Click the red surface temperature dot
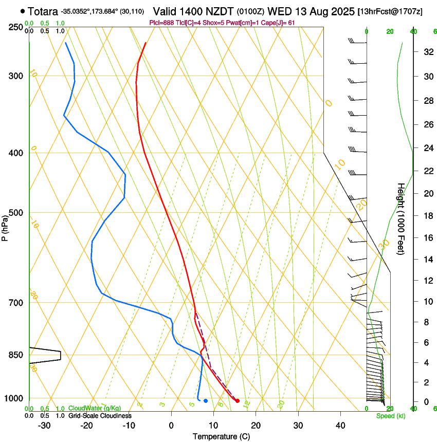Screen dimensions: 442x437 238,400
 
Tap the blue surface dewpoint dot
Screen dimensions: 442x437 206,400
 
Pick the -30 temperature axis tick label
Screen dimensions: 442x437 44,426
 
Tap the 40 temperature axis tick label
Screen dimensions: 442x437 340,426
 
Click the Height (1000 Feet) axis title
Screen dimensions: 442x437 400,218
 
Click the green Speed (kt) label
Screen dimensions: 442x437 390,416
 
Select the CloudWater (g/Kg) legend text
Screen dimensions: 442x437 95,408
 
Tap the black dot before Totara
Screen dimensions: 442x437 23,10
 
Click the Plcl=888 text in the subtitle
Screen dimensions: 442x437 160,23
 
